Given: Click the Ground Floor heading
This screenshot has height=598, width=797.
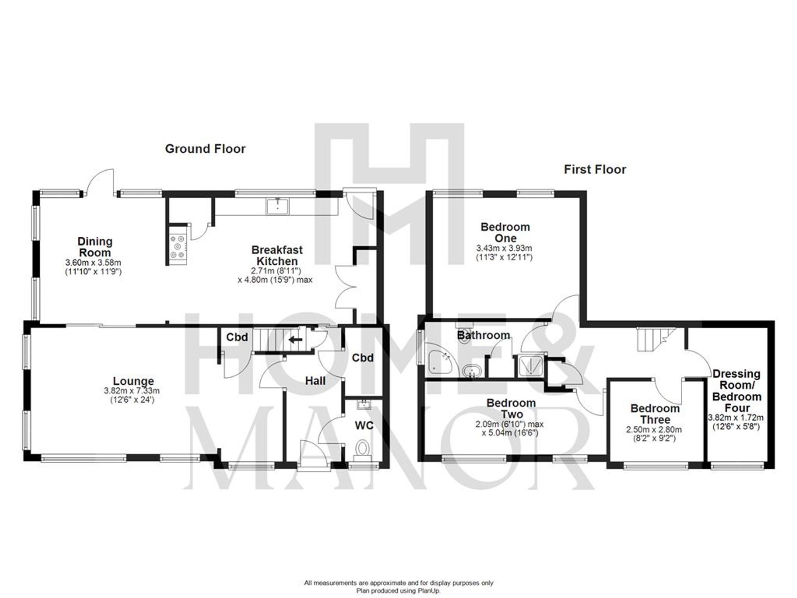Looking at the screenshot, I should [x=205, y=149].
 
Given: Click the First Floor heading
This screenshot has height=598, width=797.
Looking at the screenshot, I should [x=595, y=169].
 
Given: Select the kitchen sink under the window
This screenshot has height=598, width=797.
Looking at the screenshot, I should [x=278, y=206].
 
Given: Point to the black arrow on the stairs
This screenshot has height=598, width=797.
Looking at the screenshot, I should [x=295, y=340].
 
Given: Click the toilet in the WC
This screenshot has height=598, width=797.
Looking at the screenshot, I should [x=362, y=448].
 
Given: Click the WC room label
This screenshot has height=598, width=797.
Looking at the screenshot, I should [x=364, y=425].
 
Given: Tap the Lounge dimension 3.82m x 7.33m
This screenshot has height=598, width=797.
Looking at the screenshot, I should [x=132, y=391].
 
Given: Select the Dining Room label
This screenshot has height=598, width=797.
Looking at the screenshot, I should [x=95, y=247].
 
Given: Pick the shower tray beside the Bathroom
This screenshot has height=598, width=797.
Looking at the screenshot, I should [x=532, y=366].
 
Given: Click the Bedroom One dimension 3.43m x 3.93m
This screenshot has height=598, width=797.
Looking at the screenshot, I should [x=505, y=248].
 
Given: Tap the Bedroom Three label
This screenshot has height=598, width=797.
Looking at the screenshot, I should [x=655, y=414].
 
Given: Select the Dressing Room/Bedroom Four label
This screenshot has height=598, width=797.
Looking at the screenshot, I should [x=736, y=391].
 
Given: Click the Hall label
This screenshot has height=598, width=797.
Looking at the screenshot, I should [x=315, y=381].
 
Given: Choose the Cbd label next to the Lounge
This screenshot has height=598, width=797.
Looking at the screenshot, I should [x=237, y=337].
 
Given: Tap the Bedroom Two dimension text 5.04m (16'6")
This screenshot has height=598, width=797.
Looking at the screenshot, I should [x=510, y=433].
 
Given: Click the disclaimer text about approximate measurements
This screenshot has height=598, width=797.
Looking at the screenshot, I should [x=398, y=582].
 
